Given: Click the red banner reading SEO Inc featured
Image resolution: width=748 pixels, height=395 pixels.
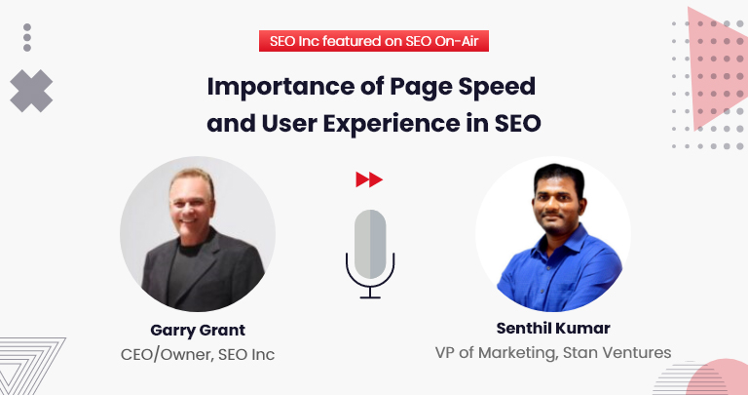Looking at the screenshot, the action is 374,41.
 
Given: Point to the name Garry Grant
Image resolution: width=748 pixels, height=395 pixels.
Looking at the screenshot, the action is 198,330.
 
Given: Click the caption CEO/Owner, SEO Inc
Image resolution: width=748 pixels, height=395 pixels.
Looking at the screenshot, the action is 198,355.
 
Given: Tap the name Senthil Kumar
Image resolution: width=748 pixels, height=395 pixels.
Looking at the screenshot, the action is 553,328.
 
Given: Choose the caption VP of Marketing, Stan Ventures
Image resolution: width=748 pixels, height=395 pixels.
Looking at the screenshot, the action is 553,352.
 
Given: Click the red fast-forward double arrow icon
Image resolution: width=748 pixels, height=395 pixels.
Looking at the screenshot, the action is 369,179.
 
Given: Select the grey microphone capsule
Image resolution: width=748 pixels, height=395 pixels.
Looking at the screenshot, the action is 370,244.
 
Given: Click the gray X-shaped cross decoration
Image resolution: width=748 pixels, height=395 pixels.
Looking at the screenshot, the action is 31,91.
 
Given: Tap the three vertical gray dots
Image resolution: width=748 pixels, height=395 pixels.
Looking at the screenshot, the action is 27,37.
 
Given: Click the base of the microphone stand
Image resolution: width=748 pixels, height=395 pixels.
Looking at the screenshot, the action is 370,297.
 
